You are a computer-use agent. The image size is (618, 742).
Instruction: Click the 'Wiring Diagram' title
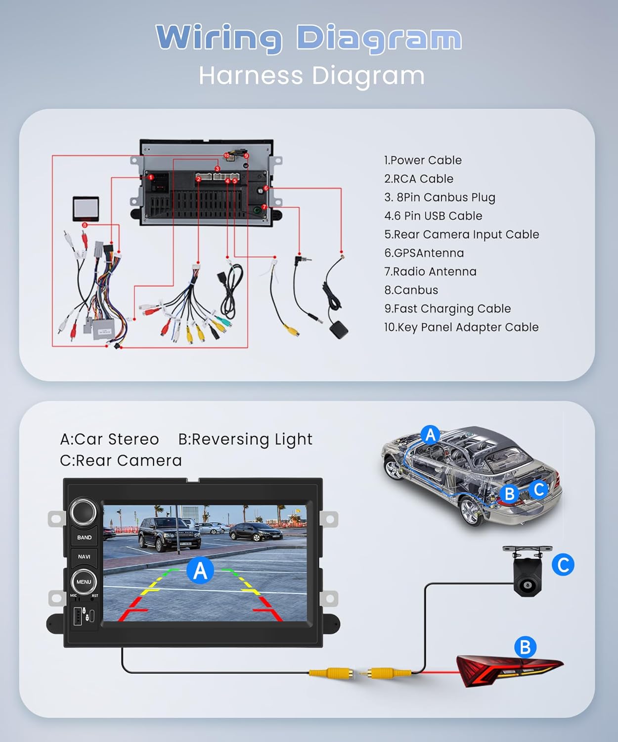[309, 39]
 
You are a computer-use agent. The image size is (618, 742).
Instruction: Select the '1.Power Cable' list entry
[423, 160]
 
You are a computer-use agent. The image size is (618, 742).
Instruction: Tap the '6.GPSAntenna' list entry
[424, 253]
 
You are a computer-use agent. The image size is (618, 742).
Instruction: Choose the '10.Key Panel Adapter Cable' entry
[461, 327]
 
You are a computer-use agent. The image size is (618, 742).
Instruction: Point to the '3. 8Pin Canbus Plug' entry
[440, 197]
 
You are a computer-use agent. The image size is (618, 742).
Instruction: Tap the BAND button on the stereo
[84, 537]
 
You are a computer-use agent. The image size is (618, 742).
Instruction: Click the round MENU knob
[84, 582]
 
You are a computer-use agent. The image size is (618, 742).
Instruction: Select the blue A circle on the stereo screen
[200, 570]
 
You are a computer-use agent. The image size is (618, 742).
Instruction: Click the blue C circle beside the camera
[563, 565]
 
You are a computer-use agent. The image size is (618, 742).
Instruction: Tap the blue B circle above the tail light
[525, 647]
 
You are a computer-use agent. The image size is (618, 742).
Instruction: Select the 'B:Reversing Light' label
[245, 439]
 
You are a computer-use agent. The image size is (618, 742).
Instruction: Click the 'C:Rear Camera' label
[121, 461]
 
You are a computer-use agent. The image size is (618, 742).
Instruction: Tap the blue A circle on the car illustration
[430, 435]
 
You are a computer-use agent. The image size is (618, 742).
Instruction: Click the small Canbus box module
[86, 209]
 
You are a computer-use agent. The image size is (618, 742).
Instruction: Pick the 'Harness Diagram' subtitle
[311, 76]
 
